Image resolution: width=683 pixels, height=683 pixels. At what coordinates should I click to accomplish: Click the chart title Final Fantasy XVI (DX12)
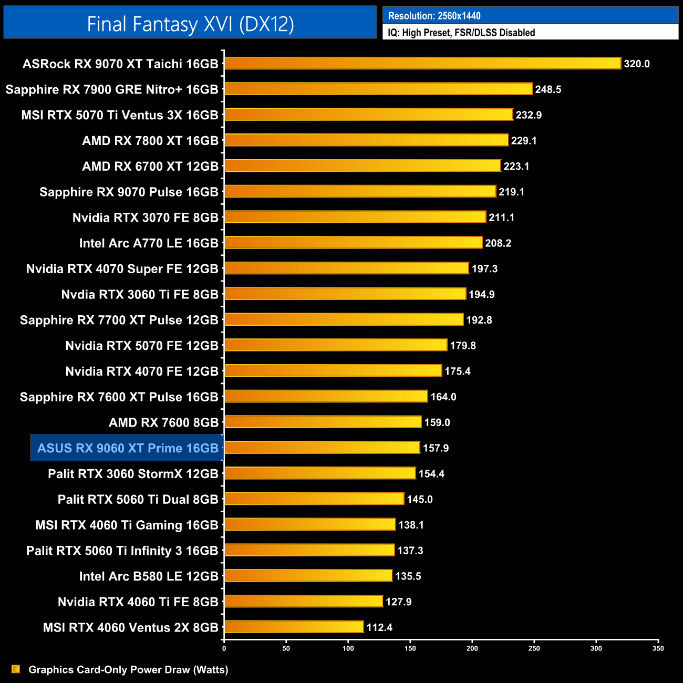point(190,24)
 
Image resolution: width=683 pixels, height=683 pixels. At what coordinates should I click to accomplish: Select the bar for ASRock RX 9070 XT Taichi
point(422,64)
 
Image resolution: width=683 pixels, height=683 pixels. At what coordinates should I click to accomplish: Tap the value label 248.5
point(548,89)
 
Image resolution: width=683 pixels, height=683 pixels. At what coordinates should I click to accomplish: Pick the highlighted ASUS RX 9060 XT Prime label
point(128,448)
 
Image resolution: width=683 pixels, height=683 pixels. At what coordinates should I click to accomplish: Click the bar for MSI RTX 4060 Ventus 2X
point(294,627)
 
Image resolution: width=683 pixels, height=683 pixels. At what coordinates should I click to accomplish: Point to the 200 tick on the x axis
point(472,648)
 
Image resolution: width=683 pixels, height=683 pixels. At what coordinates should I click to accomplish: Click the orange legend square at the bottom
point(16,669)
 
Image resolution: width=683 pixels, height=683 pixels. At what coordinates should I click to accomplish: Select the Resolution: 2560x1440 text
point(434,16)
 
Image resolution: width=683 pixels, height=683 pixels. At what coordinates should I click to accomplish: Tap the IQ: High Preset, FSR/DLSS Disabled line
point(461,33)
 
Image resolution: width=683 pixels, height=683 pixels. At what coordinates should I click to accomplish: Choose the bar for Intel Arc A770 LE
point(353,243)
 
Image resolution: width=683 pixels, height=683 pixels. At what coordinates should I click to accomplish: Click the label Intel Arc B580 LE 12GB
point(149,576)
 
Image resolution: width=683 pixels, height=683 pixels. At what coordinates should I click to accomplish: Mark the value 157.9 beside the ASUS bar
point(436,448)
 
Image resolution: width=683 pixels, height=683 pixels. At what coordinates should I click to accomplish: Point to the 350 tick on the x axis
point(658,648)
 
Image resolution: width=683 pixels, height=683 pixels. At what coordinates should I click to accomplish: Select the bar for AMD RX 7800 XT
point(366,140)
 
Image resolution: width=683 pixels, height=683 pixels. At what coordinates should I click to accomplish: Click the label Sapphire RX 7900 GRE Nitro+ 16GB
point(112,89)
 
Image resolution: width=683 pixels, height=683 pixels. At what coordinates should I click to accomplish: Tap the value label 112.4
point(379,627)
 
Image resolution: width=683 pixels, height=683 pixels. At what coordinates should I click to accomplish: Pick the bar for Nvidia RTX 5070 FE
point(336,345)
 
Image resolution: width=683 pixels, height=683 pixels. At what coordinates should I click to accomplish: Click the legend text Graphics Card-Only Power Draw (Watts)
point(128,669)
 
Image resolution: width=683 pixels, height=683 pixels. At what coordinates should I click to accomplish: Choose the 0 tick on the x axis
point(224,648)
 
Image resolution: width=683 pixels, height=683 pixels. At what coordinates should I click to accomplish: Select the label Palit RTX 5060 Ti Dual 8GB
point(138,499)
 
